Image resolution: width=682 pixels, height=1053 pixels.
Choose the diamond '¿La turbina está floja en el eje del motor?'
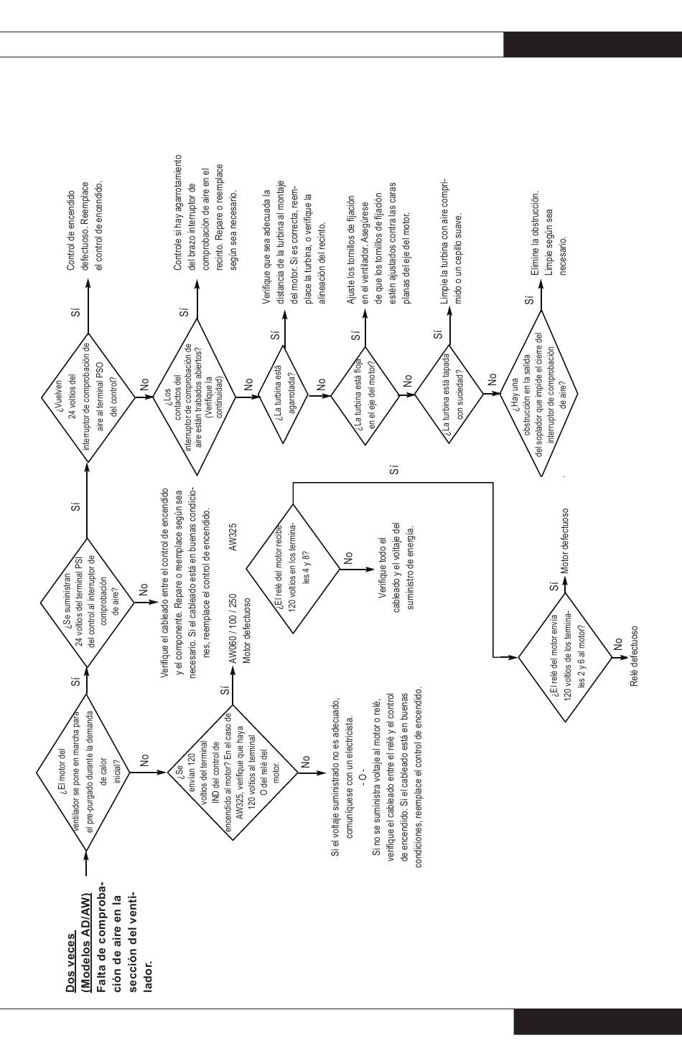pyautogui.click(x=365, y=395)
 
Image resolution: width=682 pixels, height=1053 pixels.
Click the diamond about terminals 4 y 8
pyautogui.click(x=293, y=569)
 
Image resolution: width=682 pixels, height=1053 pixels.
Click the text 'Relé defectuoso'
pyautogui.click(x=634, y=656)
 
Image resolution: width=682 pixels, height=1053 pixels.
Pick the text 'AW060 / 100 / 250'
pyautogui.click(x=233, y=630)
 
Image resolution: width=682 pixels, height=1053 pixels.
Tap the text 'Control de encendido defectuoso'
pyautogui.click(x=84, y=230)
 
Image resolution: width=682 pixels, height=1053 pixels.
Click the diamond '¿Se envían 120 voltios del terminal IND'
pyautogui.click(x=233, y=773)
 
